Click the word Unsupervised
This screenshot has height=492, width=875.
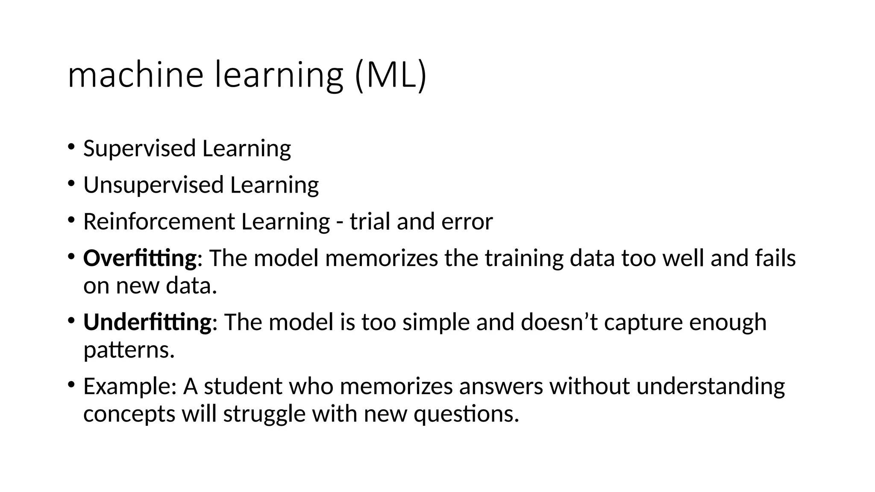[x=153, y=185]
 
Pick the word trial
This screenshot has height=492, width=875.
[x=370, y=222]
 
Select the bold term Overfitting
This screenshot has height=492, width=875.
[x=140, y=258]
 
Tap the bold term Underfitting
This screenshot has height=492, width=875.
[x=147, y=322]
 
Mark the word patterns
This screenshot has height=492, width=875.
[x=129, y=350]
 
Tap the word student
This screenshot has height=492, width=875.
[x=243, y=386]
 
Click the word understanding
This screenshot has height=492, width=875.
[x=711, y=386]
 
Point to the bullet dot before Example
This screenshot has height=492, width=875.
[x=70, y=385]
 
